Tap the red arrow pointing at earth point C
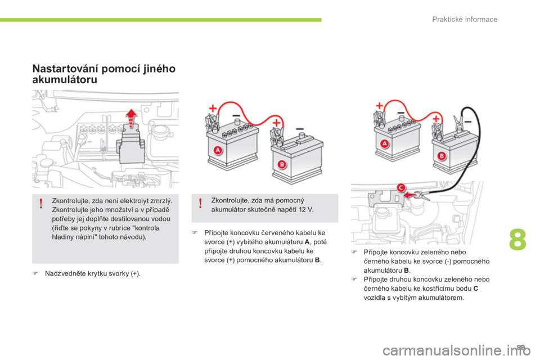pyautogui.click(x=409, y=195)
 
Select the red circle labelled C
pyautogui.click(x=401, y=188)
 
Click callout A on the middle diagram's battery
pyautogui.click(x=217, y=150)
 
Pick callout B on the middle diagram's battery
pyautogui.click(x=282, y=164)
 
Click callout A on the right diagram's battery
pyautogui.click(x=384, y=143)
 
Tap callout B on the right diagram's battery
pyautogui.click(x=442, y=156)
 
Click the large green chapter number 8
pyautogui.click(x=517, y=240)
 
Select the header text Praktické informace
pyautogui.click(x=465, y=19)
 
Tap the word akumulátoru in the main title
pyautogui.click(x=65, y=79)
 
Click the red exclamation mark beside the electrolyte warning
pyautogui.click(x=41, y=204)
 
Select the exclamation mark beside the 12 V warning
pyautogui.click(x=200, y=204)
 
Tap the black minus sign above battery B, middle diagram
pyautogui.click(x=300, y=128)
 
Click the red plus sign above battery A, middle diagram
pyautogui.click(x=213, y=108)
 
